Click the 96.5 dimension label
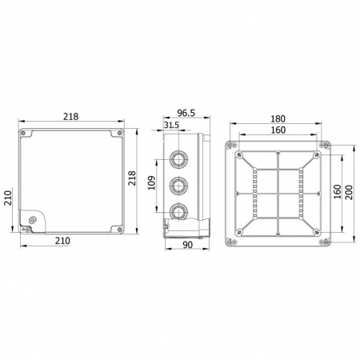186,114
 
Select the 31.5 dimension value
170,126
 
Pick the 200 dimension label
350,193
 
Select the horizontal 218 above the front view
70,116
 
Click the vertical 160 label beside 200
337,193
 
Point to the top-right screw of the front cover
119,132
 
